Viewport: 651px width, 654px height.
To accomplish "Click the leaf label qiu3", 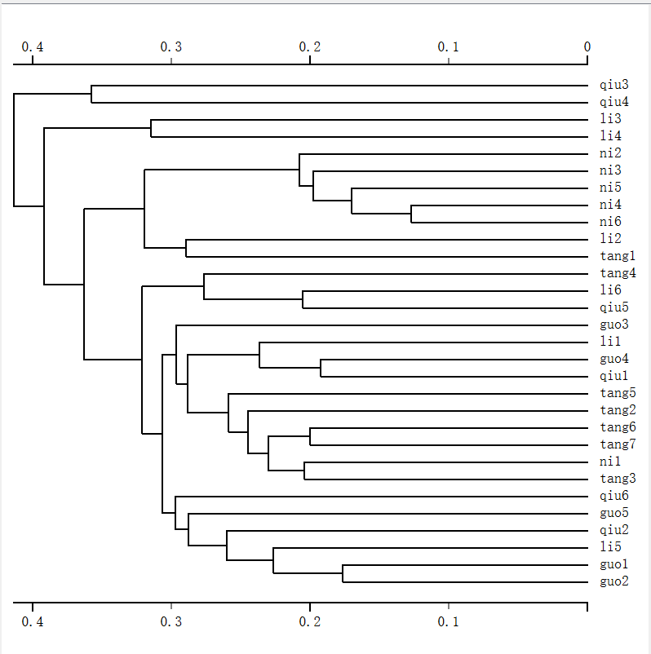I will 613,85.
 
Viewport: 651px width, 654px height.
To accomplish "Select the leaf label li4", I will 609,137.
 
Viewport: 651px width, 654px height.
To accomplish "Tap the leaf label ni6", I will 609,223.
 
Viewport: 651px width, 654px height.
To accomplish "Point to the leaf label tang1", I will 617,257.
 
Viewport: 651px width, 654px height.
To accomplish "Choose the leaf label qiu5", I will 613,308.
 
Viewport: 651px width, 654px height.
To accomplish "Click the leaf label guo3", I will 613,325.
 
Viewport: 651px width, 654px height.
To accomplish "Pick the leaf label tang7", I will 617,445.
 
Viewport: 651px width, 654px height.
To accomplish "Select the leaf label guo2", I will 613,582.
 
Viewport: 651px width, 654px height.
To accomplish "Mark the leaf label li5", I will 609,548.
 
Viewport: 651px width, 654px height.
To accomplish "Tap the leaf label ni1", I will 609,462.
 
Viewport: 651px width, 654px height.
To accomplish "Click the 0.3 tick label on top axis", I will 171,46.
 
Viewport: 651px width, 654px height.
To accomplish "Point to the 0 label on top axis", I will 587,46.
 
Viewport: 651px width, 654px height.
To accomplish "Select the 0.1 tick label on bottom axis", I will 448,621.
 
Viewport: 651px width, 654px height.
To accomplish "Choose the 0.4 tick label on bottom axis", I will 33,621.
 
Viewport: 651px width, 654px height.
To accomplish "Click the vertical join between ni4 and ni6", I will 411,214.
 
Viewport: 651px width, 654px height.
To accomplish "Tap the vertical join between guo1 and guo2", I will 343,573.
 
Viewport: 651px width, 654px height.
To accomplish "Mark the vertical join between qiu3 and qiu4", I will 91,94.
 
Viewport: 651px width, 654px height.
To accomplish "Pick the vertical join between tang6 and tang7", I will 310,436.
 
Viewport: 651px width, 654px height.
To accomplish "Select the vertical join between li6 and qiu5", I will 303,299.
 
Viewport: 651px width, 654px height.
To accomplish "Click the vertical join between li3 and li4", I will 151,128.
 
